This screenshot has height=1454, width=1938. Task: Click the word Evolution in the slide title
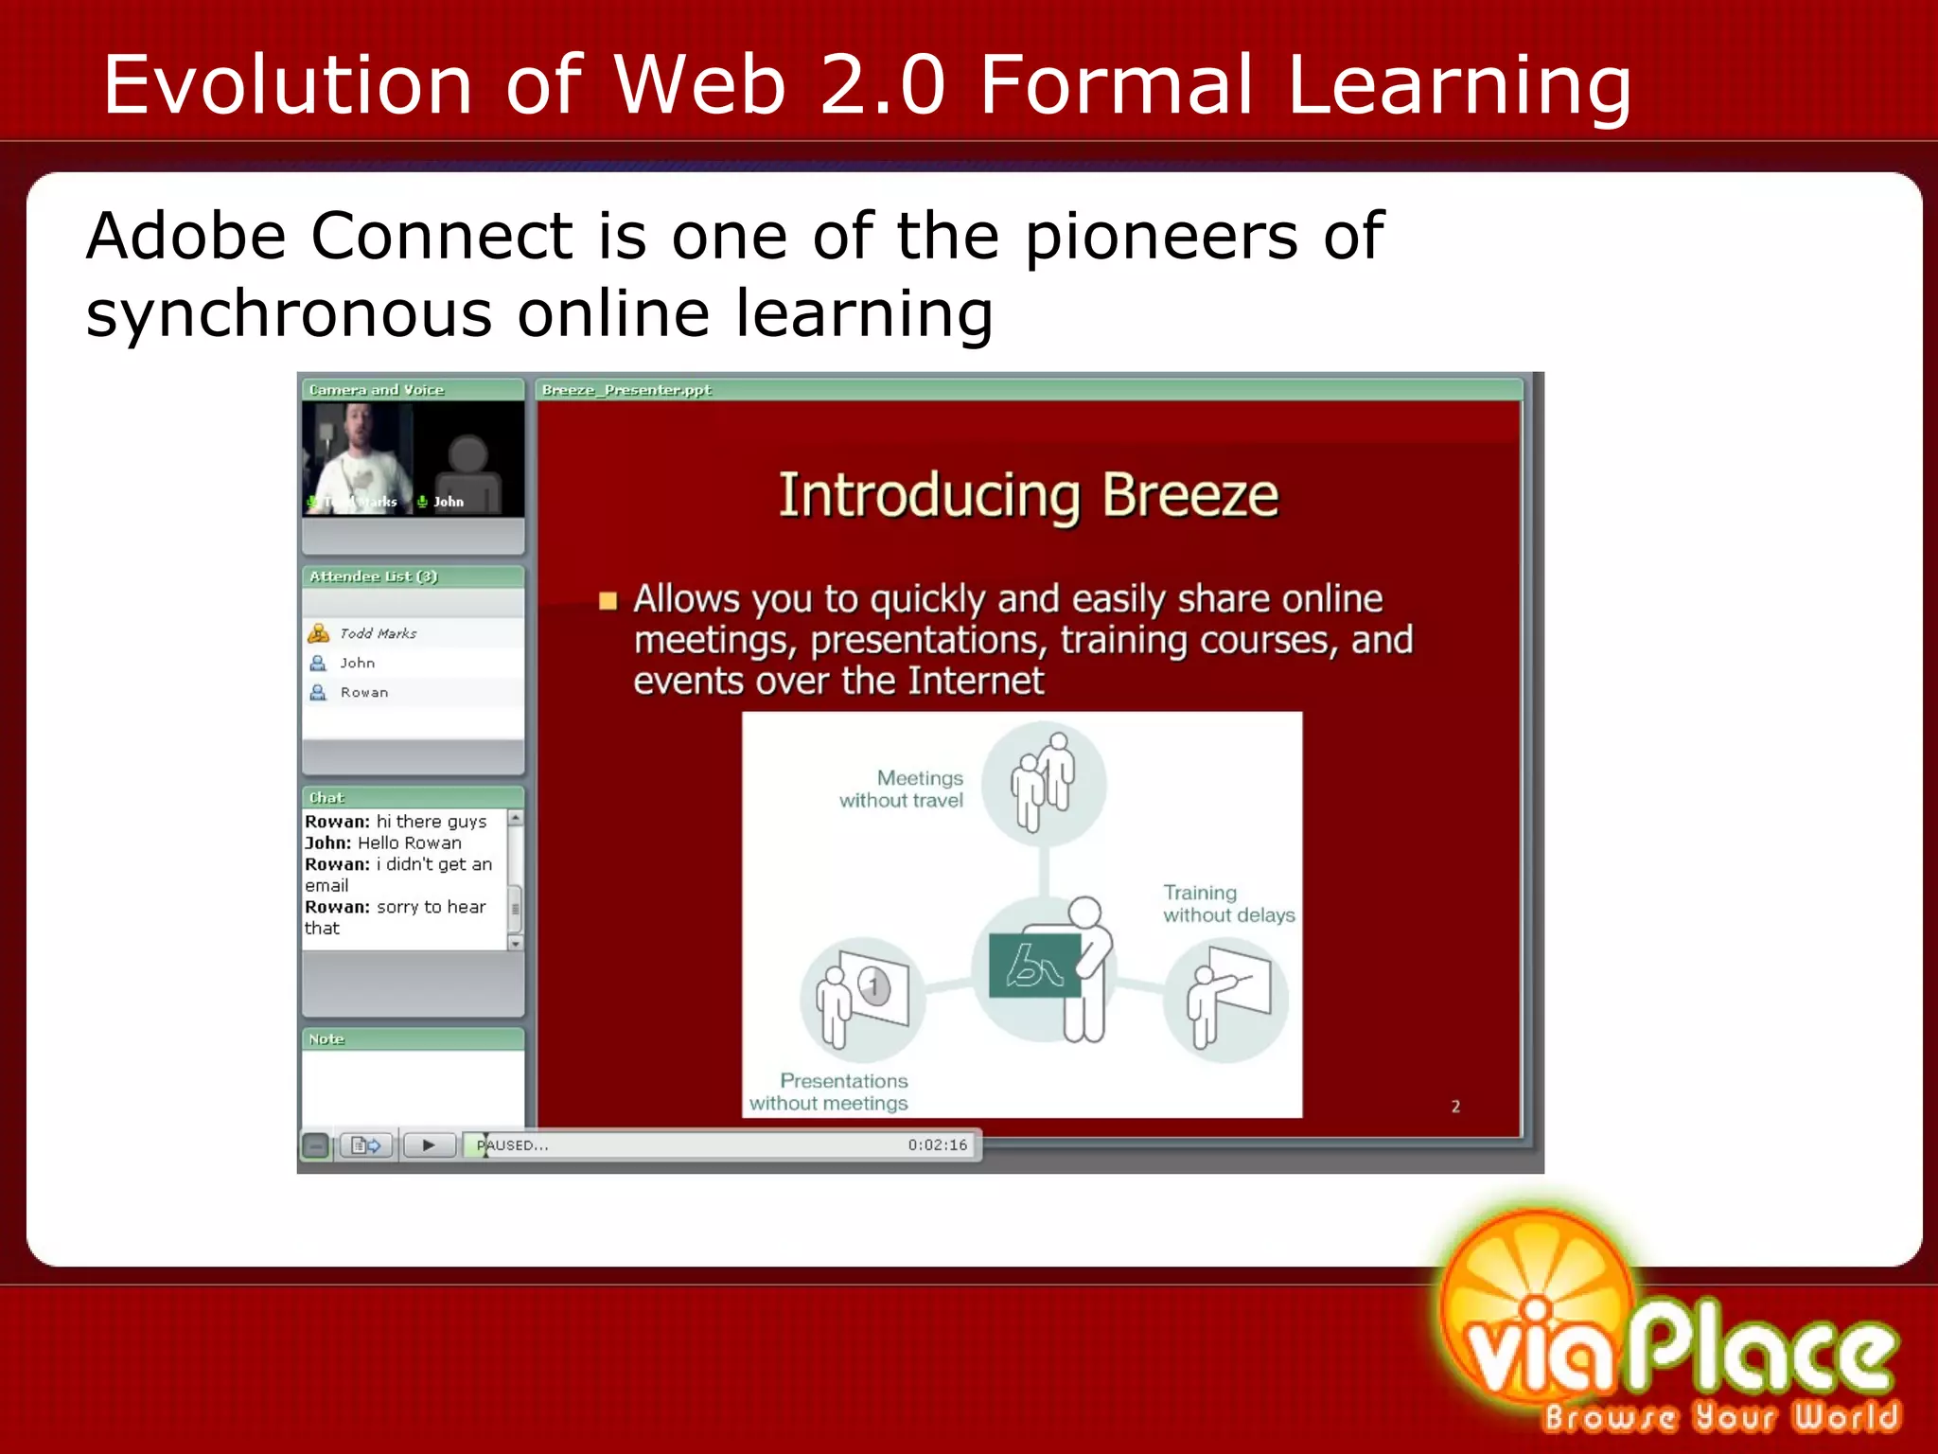(x=287, y=85)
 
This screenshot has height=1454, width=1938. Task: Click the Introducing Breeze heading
(x=1029, y=495)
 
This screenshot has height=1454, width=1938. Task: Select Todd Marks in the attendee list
(x=378, y=633)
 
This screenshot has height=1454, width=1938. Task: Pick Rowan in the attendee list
(x=363, y=692)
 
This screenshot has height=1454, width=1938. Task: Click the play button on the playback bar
(x=429, y=1145)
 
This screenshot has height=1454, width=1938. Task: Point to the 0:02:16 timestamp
(x=937, y=1145)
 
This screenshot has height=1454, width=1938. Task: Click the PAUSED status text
(x=513, y=1145)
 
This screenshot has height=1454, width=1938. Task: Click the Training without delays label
(x=1227, y=904)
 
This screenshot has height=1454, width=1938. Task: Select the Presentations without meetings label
(x=830, y=1091)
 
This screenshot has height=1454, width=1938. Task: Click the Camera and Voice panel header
(x=377, y=390)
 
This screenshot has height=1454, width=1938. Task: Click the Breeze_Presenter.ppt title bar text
(x=626, y=390)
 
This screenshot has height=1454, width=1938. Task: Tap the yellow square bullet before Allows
(x=608, y=601)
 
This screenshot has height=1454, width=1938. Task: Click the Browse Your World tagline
(x=1720, y=1416)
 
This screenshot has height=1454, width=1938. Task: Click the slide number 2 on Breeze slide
(x=1455, y=1106)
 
